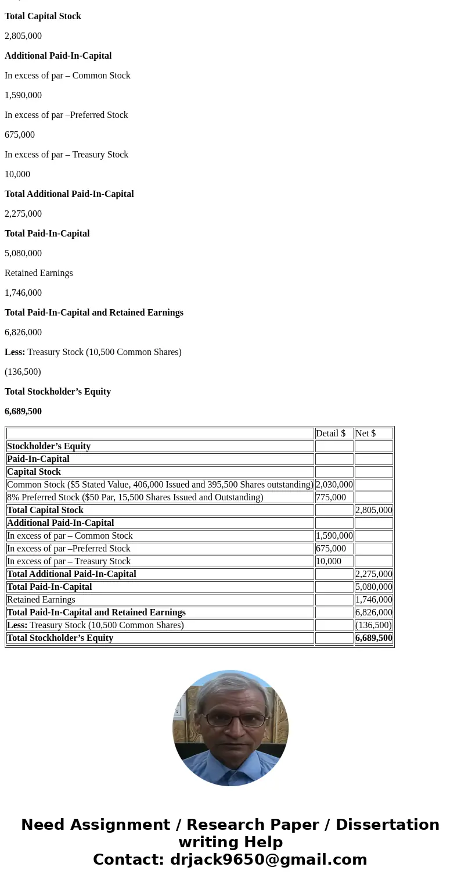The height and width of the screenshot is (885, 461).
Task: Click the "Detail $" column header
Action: coord(330,433)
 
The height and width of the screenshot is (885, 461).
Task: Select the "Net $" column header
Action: coord(365,433)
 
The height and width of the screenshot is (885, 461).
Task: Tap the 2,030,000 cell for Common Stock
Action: coord(334,485)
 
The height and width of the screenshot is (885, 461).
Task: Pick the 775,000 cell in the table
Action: coord(331,497)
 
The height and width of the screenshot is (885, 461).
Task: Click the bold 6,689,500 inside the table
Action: coord(374,638)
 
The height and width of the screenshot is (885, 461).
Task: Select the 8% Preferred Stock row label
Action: coord(135,497)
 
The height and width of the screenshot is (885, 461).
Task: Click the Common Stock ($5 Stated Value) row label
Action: coord(160,485)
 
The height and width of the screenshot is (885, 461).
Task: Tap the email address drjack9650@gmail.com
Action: coord(268,859)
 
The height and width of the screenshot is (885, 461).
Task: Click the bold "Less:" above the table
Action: coord(15,352)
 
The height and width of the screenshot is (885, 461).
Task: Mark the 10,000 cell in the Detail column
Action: coord(329,561)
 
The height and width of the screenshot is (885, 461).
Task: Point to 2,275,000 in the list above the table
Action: coord(23,214)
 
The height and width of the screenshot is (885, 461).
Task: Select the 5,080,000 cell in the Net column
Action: coord(374,587)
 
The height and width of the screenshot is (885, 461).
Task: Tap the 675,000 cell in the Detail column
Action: coord(331,549)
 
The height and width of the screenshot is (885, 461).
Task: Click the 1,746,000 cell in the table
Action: coord(374,600)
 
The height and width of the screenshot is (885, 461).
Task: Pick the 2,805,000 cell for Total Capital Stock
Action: coord(374,510)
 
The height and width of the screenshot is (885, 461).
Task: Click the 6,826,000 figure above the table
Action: coord(23,332)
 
